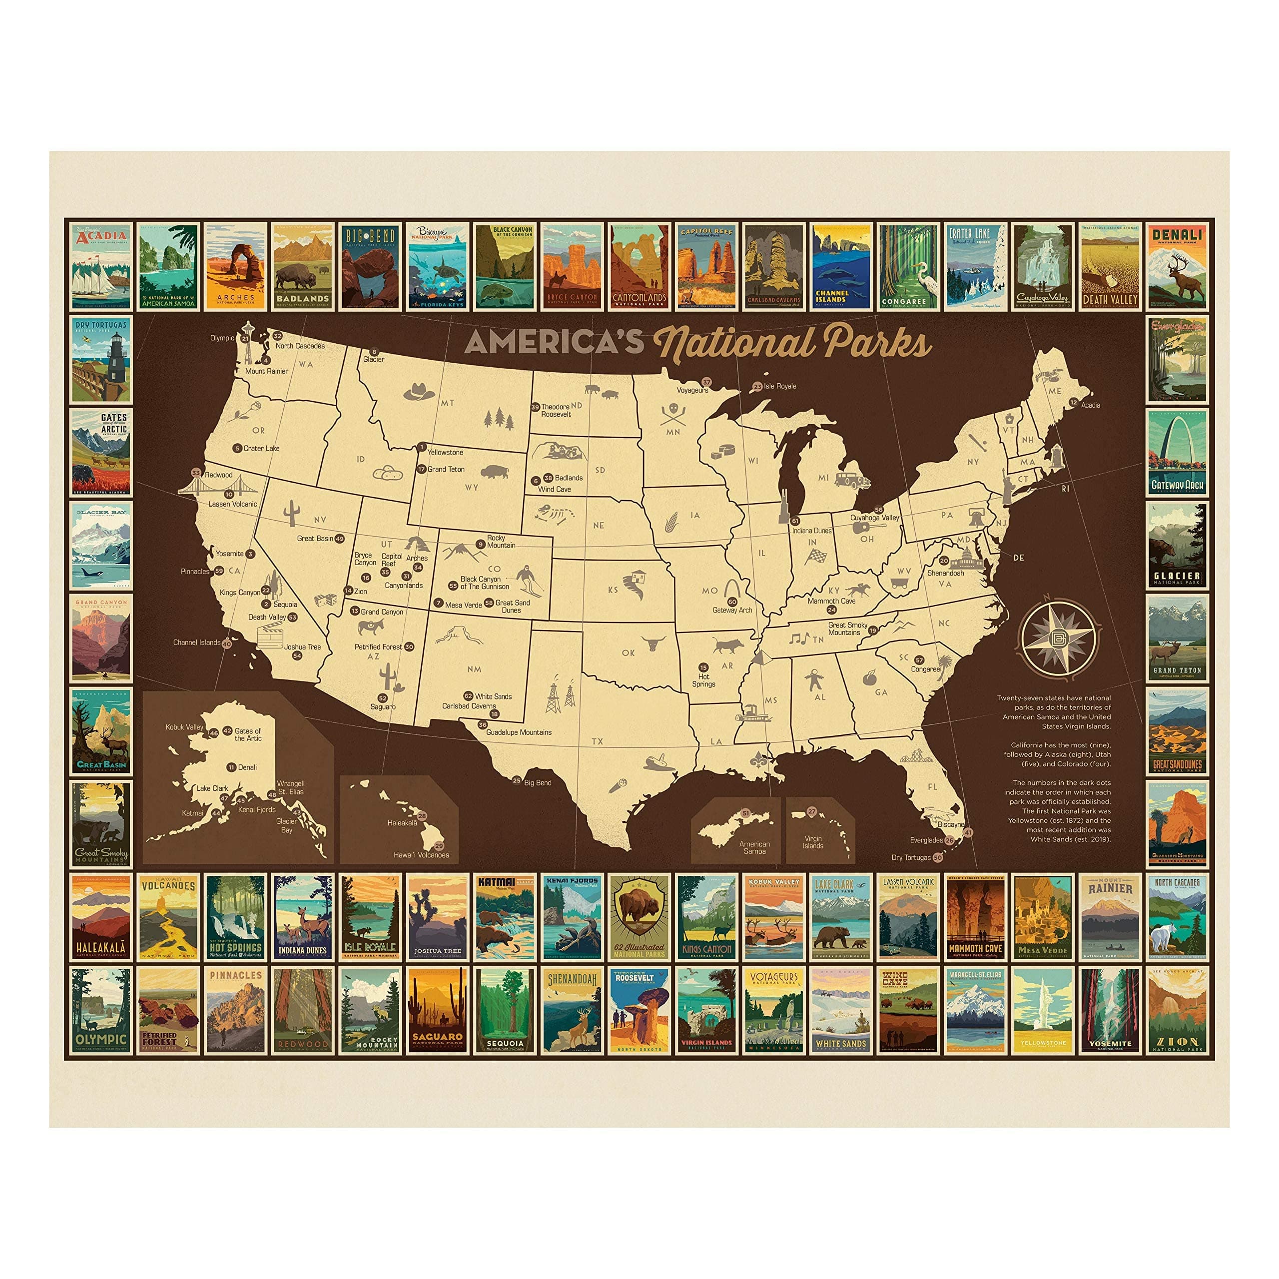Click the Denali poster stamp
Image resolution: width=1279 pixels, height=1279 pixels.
point(1178,266)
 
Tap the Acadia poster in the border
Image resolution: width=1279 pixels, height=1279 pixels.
point(100,266)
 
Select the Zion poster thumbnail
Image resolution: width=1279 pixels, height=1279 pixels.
point(1178,1011)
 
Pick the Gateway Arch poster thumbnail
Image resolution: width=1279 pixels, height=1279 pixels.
point(1178,453)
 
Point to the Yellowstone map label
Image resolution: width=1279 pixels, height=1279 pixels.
point(445,452)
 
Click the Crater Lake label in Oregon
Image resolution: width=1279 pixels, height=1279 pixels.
point(261,448)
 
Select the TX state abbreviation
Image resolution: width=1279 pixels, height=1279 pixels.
point(598,741)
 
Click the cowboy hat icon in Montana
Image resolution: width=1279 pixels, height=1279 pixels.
point(418,391)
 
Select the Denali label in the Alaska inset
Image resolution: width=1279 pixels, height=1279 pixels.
point(247,767)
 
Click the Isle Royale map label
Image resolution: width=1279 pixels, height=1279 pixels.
point(780,386)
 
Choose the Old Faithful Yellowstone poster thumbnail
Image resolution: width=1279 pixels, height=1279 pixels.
point(1043,1011)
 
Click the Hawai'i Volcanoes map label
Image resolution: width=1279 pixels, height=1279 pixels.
point(421,855)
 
